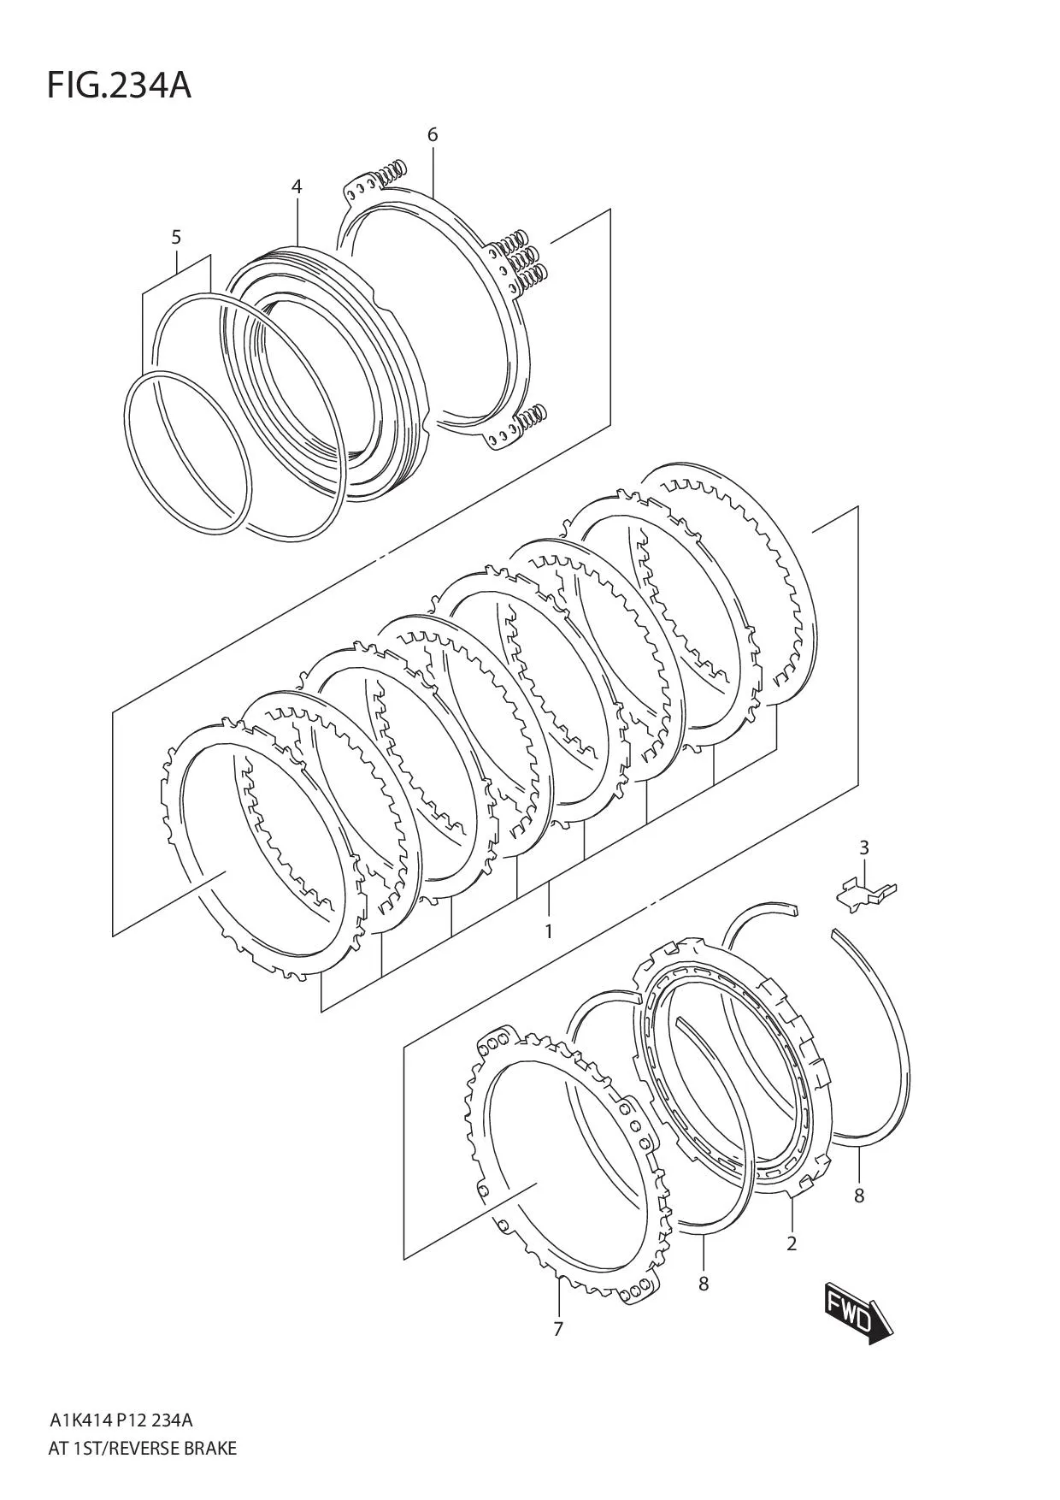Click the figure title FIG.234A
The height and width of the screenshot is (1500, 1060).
119,86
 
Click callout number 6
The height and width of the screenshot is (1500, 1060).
433,135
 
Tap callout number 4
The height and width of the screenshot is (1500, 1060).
297,186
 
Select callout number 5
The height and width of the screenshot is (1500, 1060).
176,237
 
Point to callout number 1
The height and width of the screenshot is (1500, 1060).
548,930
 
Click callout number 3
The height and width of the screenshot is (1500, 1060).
863,847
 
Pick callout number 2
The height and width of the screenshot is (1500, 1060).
792,1243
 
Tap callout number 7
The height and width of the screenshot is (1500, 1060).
557,1329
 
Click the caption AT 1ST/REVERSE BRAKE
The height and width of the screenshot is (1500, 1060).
143,1448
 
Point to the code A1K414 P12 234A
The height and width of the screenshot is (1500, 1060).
121,1420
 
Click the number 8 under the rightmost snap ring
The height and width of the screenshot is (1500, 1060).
859,1196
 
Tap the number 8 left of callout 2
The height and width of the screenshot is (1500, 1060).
703,1284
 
